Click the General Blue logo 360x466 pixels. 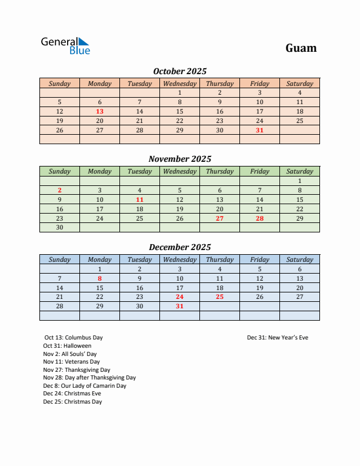click(65, 46)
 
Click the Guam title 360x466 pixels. click(301, 48)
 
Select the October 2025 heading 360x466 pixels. click(180, 71)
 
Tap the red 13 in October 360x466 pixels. click(100, 111)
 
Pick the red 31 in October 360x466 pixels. click(259, 130)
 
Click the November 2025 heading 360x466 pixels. click(180, 159)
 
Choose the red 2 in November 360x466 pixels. click(59, 190)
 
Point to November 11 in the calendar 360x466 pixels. click(139, 199)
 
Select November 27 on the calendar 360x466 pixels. click(219, 218)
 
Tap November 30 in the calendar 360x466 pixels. click(59, 228)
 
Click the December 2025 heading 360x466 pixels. click(180, 247)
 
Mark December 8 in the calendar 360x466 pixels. click(100, 278)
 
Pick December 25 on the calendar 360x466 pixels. click(219, 297)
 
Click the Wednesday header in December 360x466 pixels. click(180, 259)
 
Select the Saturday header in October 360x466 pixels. click(299, 84)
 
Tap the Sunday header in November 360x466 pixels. click(59, 171)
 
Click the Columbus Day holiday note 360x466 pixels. click(73, 338)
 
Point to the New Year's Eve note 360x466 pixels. click(278, 338)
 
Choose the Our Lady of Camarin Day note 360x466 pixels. click(85, 386)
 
